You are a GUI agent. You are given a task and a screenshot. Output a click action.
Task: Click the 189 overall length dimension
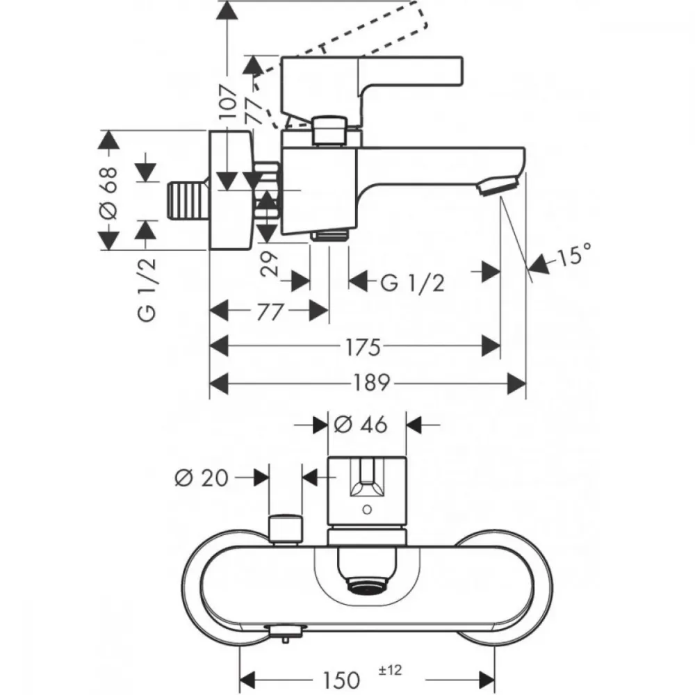click(x=371, y=382)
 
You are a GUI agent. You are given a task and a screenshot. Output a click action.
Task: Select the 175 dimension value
click(x=363, y=347)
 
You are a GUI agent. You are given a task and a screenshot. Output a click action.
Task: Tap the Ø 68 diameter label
click(x=109, y=193)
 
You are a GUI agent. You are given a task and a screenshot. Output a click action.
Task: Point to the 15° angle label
click(x=575, y=255)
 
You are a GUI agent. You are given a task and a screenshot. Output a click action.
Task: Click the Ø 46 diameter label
click(x=360, y=425)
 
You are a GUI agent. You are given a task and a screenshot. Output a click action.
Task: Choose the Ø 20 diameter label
click(x=202, y=478)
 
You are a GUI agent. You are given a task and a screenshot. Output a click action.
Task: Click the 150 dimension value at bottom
click(x=341, y=680)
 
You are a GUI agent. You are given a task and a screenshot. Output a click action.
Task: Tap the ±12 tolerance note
click(x=390, y=670)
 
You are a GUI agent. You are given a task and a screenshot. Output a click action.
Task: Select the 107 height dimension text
click(x=228, y=102)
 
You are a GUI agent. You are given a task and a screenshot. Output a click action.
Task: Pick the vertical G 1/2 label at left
click(x=147, y=290)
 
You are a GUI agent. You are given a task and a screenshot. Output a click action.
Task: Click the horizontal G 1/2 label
click(x=412, y=283)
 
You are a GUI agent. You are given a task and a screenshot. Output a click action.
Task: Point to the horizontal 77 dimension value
click(x=270, y=311)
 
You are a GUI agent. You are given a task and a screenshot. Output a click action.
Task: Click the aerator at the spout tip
click(x=498, y=185)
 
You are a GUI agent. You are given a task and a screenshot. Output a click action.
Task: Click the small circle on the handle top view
click(x=366, y=509)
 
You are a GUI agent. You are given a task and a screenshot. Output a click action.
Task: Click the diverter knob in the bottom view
click(x=286, y=530)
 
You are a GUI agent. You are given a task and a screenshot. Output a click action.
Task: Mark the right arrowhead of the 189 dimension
click(x=516, y=383)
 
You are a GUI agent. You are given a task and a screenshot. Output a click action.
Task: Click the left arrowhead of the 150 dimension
click(x=249, y=680)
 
